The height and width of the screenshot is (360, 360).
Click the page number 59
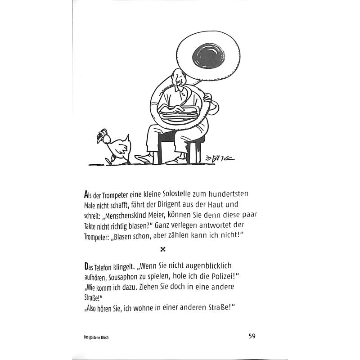[252, 336]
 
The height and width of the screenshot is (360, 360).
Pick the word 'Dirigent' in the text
[179, 205]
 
